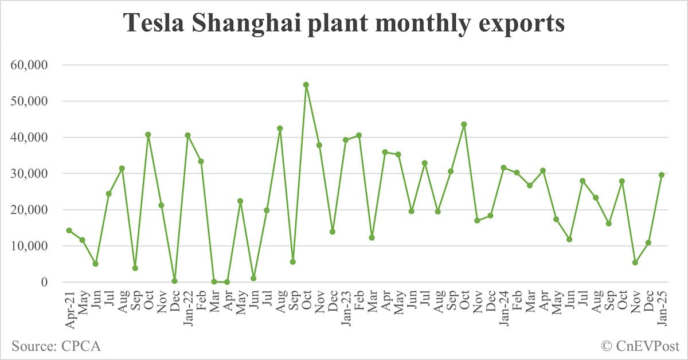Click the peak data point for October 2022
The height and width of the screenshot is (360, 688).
pyautogui.click(x=306, y=85)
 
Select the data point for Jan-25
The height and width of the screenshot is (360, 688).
pyautogui.click(x=662, y=175)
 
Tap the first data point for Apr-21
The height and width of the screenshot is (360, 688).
pyautogui.click(x=69, y=230)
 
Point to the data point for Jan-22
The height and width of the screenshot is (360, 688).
pyautogui.click(x=187, y=135)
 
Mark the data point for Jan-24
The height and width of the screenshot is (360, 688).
pyautogui.click(x=503, y=167)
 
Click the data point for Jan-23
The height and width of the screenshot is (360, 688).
pyautogui.click(x=346, y=140)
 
